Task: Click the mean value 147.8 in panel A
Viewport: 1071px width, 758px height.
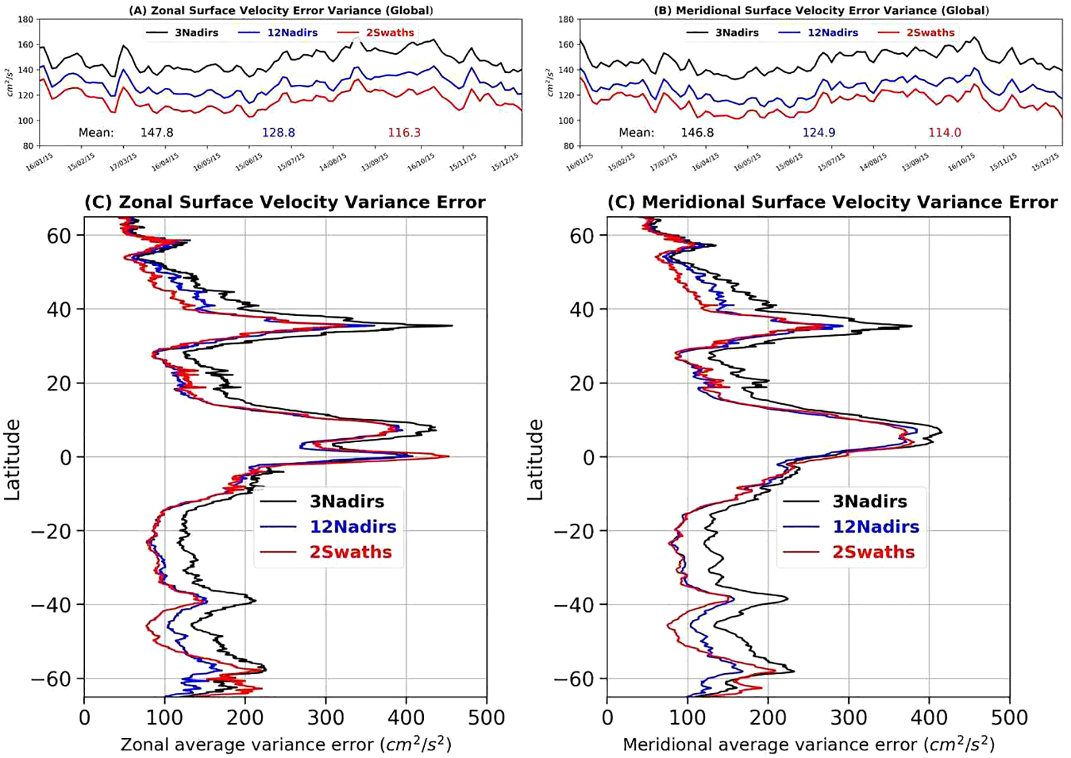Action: pos(157,133)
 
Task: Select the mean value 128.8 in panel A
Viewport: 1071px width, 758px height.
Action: pos(278,133)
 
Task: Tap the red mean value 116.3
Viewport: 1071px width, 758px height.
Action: pos(404,133)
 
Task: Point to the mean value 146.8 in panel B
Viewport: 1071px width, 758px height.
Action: pos(697,133)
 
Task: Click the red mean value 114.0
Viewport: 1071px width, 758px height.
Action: pos(944,133)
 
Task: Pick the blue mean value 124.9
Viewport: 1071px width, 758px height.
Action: pos(818,133)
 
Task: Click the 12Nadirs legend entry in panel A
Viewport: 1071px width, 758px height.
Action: pos(292,32)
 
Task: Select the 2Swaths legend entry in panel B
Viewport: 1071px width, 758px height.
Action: pos(930,32)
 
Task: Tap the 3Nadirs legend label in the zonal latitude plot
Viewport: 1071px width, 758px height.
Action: pos(346,502)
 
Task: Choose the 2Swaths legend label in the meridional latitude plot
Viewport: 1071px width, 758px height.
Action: pos(874,552)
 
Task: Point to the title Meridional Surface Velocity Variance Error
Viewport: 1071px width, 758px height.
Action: pos(832,203)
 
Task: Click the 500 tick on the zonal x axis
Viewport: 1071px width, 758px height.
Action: pos(486,718)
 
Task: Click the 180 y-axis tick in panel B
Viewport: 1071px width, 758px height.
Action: pos(565,19)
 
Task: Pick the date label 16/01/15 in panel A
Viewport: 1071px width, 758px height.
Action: pos(40,162)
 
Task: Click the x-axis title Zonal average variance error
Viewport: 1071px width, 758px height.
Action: pos(286,744)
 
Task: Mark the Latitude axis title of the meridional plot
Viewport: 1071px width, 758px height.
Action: pos(535,459)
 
